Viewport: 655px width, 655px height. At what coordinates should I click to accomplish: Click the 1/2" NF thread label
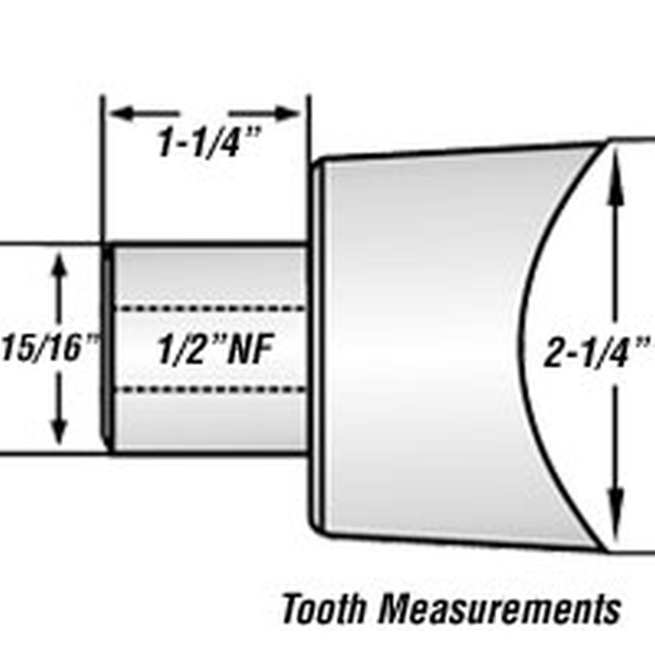pos(214,350)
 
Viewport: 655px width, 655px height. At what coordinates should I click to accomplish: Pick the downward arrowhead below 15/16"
pos(59,432)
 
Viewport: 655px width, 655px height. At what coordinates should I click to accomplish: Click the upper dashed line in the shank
pos(210,308)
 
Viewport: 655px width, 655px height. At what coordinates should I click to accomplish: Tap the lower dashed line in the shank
pos(210,390)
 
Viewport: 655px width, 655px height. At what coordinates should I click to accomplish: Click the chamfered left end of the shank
pos(107,347)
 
